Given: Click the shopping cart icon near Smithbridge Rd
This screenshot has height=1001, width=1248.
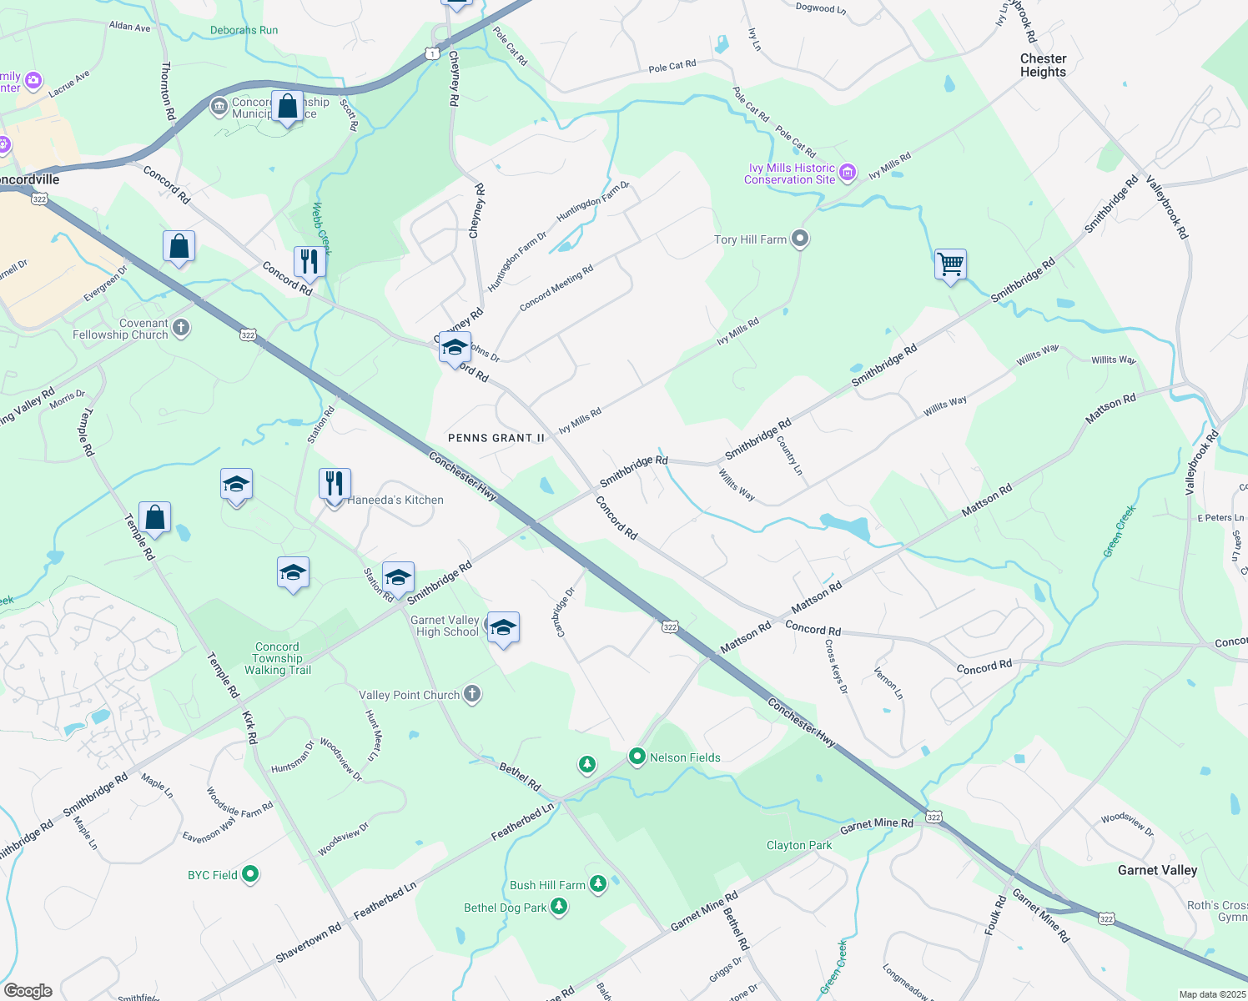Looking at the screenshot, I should pos(950,264).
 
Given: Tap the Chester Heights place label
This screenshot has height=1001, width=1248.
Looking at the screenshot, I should pos(1043,65).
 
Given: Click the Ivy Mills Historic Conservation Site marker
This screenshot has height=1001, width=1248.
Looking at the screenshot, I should pos(848,173).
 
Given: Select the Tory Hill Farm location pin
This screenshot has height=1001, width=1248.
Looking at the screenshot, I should pos(800,239).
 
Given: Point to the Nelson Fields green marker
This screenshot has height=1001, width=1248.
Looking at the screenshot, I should pos(637,757).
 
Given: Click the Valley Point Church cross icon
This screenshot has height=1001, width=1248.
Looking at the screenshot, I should pos(472,694).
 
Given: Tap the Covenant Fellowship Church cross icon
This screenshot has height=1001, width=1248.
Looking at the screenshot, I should pos(180,328).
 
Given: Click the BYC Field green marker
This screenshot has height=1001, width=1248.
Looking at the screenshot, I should pos(250,874).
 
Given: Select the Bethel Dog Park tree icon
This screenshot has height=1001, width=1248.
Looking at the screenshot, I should pos(559,907).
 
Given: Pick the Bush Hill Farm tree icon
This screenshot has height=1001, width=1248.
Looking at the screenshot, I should pos(597,884).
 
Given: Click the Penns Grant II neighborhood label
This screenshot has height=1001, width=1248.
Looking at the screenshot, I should pos(496,438).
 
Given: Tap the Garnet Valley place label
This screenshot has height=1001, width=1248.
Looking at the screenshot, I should pos(1157,870).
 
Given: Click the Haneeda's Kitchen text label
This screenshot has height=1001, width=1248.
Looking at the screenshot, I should pos(395,500).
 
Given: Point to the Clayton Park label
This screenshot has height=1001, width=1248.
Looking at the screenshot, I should pos(799,845).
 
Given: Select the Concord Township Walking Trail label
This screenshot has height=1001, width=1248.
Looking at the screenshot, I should pos(277,658).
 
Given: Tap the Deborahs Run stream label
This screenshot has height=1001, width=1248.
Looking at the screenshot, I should pos(244,30).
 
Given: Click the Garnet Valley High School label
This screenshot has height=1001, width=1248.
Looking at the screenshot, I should pos(447,626).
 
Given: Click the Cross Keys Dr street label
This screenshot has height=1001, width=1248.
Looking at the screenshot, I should pos(836,666).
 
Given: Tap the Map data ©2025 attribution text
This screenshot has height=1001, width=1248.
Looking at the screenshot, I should pos(1210,994).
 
